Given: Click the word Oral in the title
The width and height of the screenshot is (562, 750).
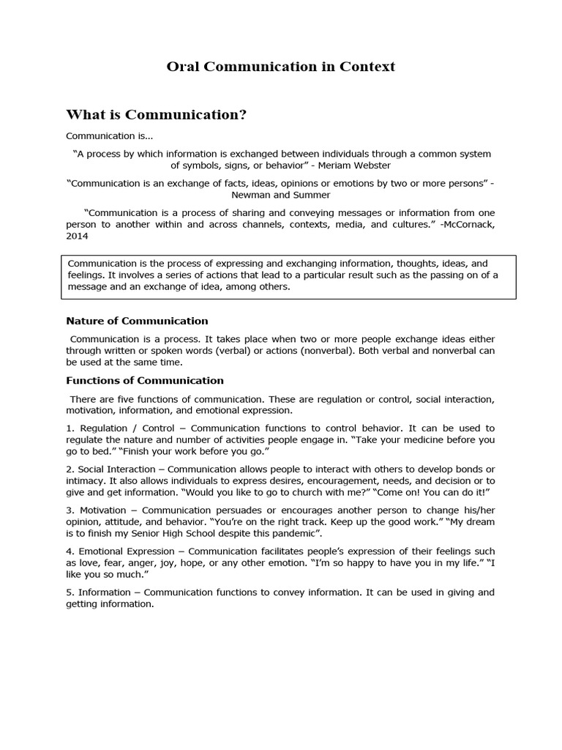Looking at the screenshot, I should click(x=184, y=67).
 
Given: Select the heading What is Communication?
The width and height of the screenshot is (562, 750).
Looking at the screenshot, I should click(x=156, y=115).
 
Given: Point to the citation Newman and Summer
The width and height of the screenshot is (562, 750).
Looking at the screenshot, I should click(x=280, y=195).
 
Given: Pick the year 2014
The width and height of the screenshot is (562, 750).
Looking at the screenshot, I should click(x=77, y=237).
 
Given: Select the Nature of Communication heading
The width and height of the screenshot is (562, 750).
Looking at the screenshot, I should click(x=137, y=321).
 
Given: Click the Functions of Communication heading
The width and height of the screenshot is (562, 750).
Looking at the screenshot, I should click(x=145, y=380).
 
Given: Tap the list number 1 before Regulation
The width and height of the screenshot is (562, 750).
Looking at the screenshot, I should click(x=69, y=428).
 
